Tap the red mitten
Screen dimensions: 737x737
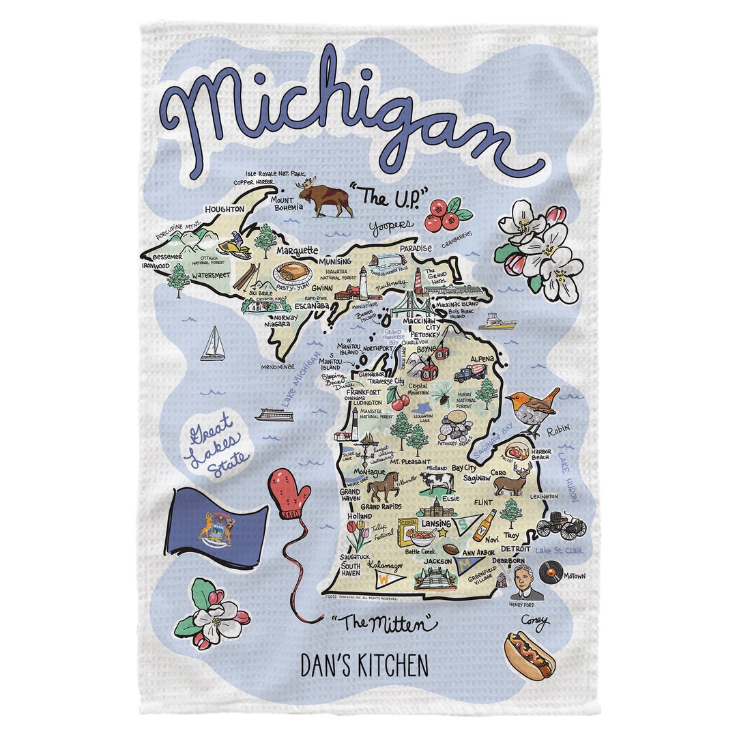[289, 491]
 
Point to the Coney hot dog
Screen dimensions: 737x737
[529, 655]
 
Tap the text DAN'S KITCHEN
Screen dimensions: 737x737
[364, 665]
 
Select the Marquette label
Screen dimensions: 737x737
[297, 250]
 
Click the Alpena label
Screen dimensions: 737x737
[483, 358]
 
